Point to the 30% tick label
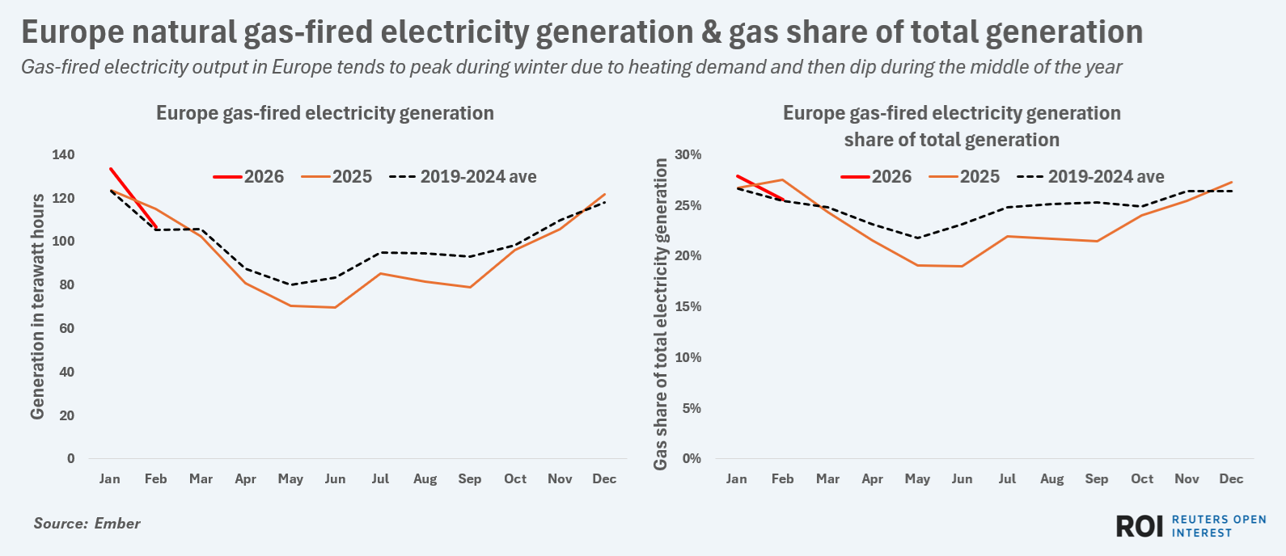click(689, 154)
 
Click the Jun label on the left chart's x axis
click(335, 478)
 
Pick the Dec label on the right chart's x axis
click(1231, 478)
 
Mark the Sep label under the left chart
click(470, 478)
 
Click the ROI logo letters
click(1139, 526)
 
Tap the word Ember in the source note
click(117, 524)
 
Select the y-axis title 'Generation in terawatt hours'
click(37, 307)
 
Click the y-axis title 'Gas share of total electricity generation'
click(661, 314)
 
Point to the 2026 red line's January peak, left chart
click(110, 168)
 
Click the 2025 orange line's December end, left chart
click(605, 194)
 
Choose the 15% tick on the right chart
click(689, 306)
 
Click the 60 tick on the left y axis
click(67, 328)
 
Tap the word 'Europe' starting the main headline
click(73, 32)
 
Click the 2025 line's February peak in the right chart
click(782, 179)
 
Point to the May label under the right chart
click(917, 478)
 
